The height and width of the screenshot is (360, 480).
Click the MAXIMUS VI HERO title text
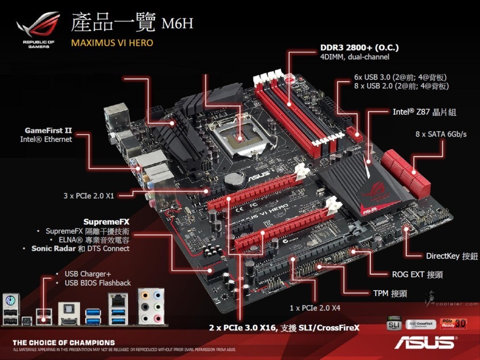click(112, 43)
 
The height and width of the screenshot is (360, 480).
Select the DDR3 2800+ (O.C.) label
click(360, 48)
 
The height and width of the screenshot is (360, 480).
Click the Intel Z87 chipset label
click(424, 112)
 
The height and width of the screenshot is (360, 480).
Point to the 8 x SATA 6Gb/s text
click(441, 134)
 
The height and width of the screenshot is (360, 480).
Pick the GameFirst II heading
click(48, 130)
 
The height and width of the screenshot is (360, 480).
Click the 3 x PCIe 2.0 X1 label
click(89, 195)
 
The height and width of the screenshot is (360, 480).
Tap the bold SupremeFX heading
click(106, 221)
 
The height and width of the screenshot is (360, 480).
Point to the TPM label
click(390, 293)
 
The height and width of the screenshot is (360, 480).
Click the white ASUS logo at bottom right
click(425, 342)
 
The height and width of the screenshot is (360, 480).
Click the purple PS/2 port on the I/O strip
click(10, 299)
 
